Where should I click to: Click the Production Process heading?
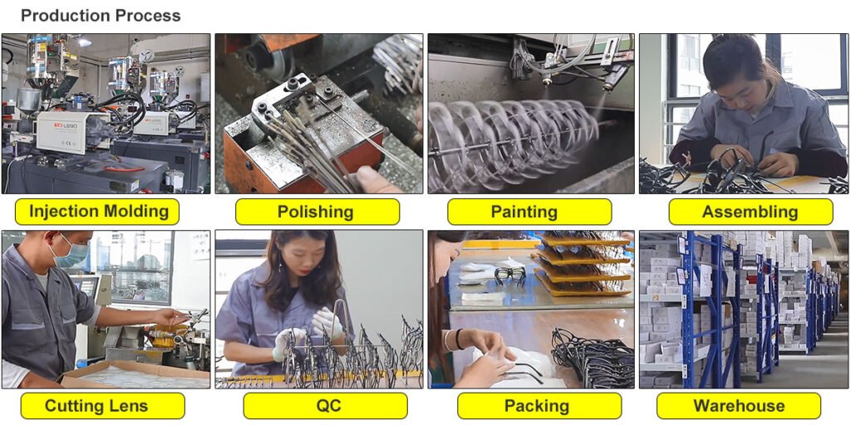[101, 16]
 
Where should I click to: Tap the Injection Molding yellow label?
[97, 212]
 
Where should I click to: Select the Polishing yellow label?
[317, 212]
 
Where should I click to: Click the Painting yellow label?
[529, 212]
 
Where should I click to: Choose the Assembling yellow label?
[750, 212]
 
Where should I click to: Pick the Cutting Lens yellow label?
[102, 405]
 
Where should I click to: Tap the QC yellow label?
[325, 405]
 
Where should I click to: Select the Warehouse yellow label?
[739, 405]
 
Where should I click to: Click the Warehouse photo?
[744, 309]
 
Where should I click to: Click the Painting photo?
[531, 113]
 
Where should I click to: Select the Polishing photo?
[318, 113]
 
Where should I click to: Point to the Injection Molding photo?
[106, 113]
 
